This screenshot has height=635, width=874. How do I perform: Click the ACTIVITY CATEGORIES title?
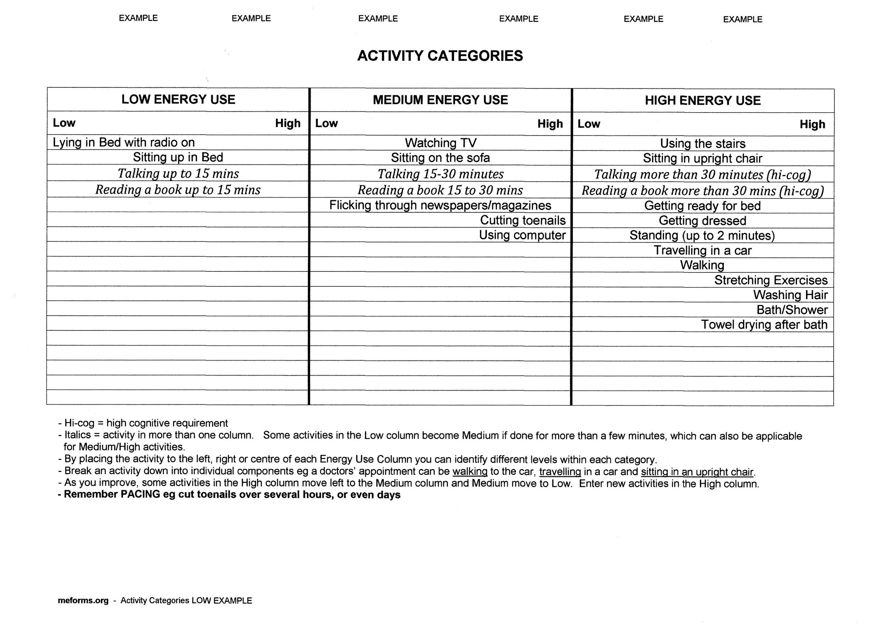tap(440, 56)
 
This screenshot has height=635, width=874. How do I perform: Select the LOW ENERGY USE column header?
tap(178, 99)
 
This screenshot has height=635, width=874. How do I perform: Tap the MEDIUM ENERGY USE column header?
tap(440, 100)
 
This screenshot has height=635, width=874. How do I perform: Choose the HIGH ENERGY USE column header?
tap(703, 101)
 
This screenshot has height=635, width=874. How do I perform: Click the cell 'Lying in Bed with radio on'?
tap(124, 143)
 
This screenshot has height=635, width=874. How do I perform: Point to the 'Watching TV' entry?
tap(440, 143)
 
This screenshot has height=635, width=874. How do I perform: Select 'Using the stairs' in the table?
tap(703, 144)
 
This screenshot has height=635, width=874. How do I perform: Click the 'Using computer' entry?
tap(522, 235)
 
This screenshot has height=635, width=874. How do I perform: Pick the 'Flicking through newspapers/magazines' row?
tap(440, 206)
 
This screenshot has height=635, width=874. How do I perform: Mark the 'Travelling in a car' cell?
tap(703, 251)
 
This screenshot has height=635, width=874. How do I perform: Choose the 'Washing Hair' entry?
tap(790, 295)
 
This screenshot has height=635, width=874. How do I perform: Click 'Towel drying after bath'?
tap(764, 325)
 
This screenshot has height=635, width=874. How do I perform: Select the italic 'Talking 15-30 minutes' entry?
tap(440, 174)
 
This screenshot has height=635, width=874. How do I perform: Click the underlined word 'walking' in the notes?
tap(470, 471)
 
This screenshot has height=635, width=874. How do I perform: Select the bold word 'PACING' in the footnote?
tap(140, 494)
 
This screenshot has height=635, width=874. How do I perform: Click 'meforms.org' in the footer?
tap(83, 601)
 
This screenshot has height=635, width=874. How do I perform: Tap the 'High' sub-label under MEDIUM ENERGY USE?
tap(550, 124)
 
